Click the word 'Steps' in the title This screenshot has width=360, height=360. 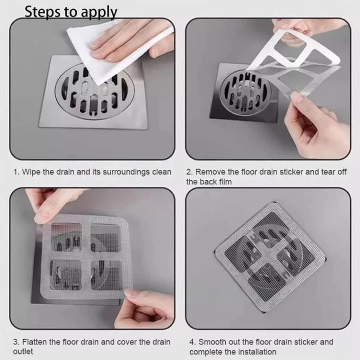coord(43,12)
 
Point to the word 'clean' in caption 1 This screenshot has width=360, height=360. coord(162,172)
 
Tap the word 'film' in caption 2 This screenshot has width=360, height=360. coord(225,182)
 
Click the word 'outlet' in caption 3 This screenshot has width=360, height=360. coord(23,352)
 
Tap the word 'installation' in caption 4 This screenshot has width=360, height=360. coord(257,352)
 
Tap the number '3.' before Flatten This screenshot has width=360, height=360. coord(16,342)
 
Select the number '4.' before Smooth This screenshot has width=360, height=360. coord(193,342)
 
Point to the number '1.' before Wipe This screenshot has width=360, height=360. coord(16,172)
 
